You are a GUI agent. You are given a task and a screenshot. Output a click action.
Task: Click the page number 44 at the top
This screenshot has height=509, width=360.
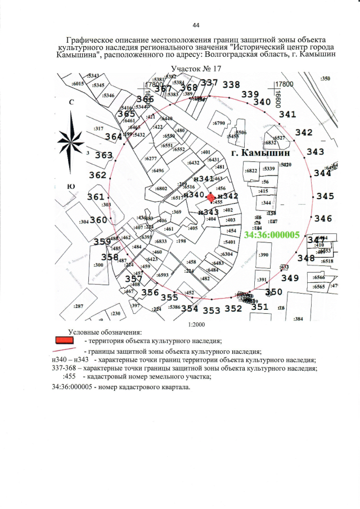click(196, 25)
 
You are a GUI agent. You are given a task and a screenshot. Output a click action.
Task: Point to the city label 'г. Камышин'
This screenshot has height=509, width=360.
click(260, 152)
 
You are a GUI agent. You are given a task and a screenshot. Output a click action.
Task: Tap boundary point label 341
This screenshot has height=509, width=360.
click(287, 114)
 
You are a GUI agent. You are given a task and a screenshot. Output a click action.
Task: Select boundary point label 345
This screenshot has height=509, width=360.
click(325, 196)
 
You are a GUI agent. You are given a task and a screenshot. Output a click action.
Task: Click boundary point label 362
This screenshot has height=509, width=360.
click(97, 175)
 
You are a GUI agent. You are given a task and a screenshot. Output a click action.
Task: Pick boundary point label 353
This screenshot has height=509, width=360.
click(211, 310)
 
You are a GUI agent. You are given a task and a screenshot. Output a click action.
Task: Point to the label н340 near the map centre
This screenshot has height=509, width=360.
click(193, 194)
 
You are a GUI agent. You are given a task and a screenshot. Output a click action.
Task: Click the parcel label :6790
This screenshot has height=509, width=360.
click(219, 123)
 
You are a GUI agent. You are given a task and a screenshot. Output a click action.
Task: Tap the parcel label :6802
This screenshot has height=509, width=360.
click(161, 188)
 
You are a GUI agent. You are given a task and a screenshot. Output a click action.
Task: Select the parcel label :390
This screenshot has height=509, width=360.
click(263, 255)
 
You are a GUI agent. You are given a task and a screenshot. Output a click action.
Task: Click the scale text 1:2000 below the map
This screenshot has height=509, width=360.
click(196, 325)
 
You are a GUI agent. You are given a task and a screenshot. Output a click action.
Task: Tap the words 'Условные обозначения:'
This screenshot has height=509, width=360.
click(105, 332)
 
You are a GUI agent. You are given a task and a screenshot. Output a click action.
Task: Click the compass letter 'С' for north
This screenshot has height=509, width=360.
click(72, 103)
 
